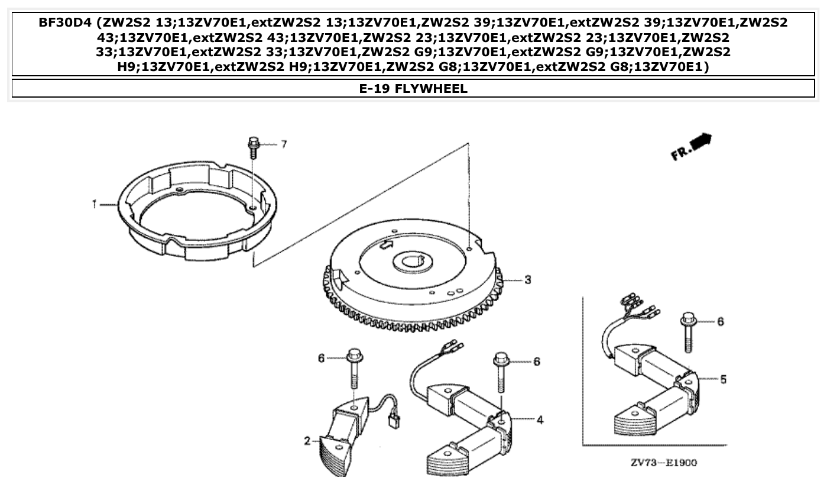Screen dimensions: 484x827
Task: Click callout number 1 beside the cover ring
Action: tap(94, 204)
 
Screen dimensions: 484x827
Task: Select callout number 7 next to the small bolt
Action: tap(283, 144)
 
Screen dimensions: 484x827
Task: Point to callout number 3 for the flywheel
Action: tap(527, 279)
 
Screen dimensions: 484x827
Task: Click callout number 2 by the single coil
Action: tap(307, 441)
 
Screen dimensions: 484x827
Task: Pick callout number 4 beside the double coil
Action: tap(539, 420)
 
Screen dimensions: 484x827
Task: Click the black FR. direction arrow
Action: tap(701, 143)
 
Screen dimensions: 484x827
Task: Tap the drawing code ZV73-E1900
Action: tap(663, 462)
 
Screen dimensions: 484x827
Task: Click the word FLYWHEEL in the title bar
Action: tap(432, 89)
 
